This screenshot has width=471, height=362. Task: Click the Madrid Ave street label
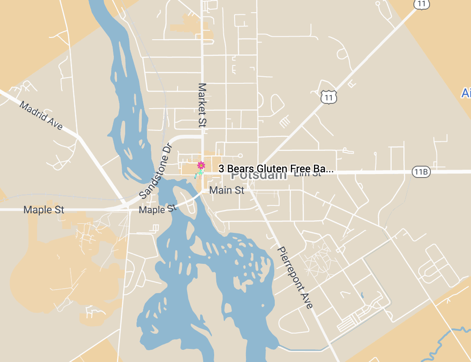point(41,116)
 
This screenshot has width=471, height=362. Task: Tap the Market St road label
point(201,105)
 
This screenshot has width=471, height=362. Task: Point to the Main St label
point(227,190)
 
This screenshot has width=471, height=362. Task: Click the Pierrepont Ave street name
point(295,278)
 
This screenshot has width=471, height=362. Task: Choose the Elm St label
point(307,174)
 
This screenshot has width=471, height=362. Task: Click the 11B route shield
point(421,172)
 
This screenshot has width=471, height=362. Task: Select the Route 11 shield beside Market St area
point(329,97)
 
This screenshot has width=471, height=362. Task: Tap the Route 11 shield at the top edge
point(421,3)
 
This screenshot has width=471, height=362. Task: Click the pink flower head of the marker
point(201,165)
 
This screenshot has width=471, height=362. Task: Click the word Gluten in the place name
point(270,169)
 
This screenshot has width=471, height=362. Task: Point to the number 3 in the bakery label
point(221,169)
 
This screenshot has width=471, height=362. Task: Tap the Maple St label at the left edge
point(44,210)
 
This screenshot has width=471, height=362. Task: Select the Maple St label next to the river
point(157,209)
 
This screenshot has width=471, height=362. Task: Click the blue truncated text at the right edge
point(466,93)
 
